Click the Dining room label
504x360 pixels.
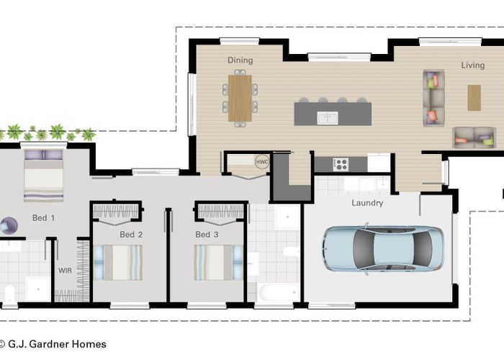[240, 60]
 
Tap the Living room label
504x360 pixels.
[473, 66]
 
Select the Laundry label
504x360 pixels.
[367, 203]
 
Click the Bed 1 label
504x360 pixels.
[43, 218]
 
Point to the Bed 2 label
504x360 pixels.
[131, 235]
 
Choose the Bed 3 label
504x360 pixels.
[207, 235]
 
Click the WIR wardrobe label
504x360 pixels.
[65, 271]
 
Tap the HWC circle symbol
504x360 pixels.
[262, 162]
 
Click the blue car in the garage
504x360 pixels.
[384, 248]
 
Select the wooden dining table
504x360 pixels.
[240, 98]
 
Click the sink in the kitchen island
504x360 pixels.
[327, 118]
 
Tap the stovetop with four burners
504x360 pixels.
[341, 164]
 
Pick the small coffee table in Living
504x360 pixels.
[474, 98]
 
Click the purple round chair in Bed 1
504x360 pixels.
[9, 226]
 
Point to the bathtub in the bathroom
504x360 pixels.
[278, 292]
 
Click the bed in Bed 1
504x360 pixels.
[44, 176]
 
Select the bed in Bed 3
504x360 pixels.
[218, 263]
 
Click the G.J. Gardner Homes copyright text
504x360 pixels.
[53, 344]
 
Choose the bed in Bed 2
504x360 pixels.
[118, 263]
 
